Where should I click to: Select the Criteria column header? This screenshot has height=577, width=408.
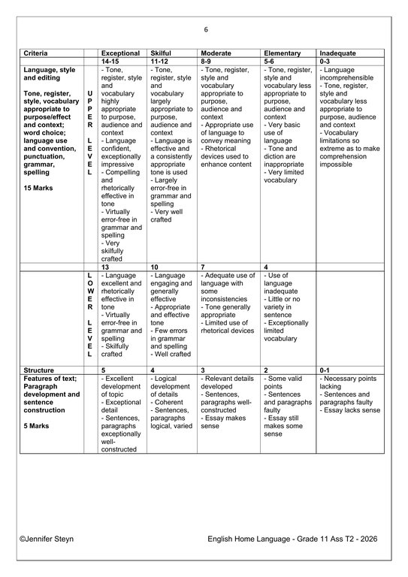tap(37, 53)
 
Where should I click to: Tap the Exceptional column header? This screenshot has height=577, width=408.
tap(120, 53)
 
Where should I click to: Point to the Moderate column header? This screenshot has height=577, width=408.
tap(217, 53)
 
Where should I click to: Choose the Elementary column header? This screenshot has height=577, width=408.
tap(282, 53)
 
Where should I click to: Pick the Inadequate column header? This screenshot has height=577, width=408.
tap(337, 53)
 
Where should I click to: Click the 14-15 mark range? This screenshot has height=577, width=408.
tap(111, 62)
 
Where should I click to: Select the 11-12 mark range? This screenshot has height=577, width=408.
tap(160, 62)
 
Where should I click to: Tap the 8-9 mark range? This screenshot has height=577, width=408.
tap(208, 62)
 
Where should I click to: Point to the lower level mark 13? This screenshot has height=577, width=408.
tap(105, 267)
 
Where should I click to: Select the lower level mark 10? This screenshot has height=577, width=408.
tap(155, 267)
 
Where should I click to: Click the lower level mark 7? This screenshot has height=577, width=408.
tap(203, 267)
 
